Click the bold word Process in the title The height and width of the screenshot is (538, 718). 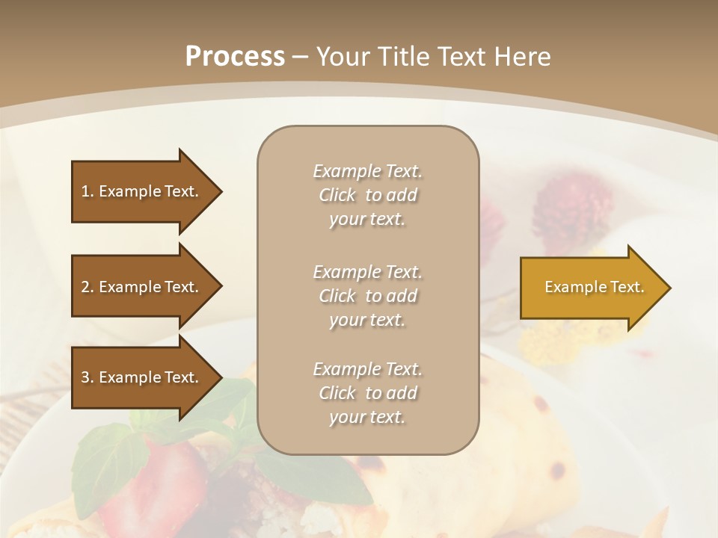pyautogui.click(x=235, y=57)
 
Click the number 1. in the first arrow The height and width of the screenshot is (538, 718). pyautogui.click(x=88, y=191)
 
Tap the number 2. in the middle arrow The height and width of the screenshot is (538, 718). pyautogui.click(x=88, y=287)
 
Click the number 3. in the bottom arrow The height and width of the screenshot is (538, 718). pyautogui.click(x=88, y=377)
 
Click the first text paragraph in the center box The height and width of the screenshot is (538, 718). pyautogui.click(x=367, y=195)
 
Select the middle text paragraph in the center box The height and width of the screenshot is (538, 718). pyautogui.click(x=367, y=296)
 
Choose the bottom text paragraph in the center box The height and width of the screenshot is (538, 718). pyautogui.click(x=367, y=393)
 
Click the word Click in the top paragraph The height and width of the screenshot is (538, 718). pyautogui.click(x=337, y=195)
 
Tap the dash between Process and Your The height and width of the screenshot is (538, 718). pyautogui.click(x=301, y=57)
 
